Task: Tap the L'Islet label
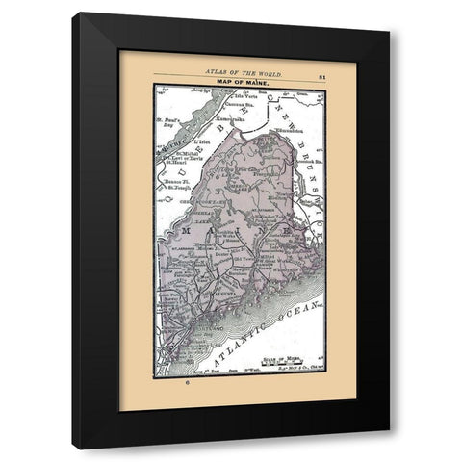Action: pos(200,141)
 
